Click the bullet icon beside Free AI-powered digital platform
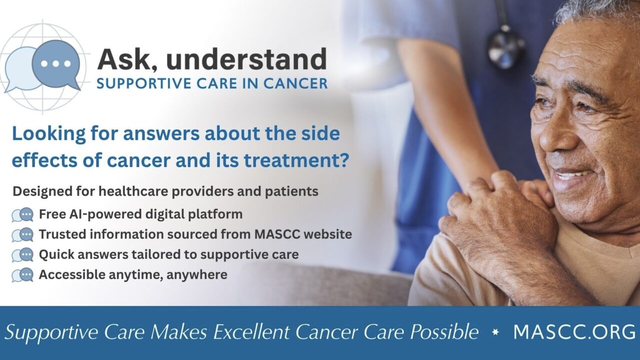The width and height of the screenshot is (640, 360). pyautogui.click(x=22, y=214)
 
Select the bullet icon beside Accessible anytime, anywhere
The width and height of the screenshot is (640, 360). pyautogui.click(x=22, y=275)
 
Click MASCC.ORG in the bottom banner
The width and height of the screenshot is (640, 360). pyautogui.click(x=574, y=332)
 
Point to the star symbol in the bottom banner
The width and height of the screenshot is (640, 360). pyautogui.click(x=495, y=332)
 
